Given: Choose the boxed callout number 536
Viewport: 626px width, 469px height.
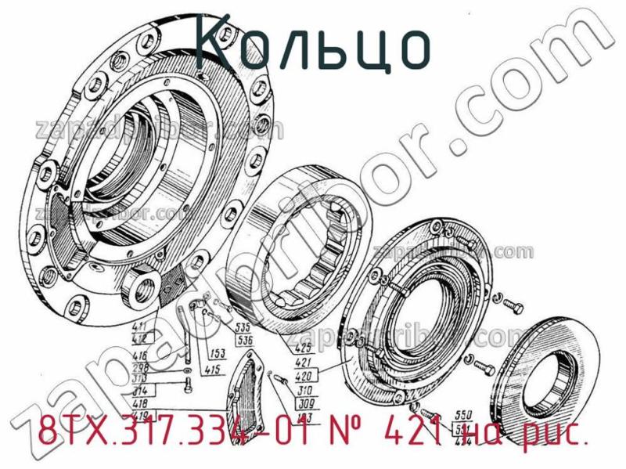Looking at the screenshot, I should tap(244, 340).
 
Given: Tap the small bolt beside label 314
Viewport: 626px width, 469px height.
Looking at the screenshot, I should tap(185, 385).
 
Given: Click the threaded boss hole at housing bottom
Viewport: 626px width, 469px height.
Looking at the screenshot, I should tap(148, 290).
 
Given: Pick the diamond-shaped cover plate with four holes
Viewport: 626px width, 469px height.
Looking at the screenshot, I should tap(250, 388).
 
